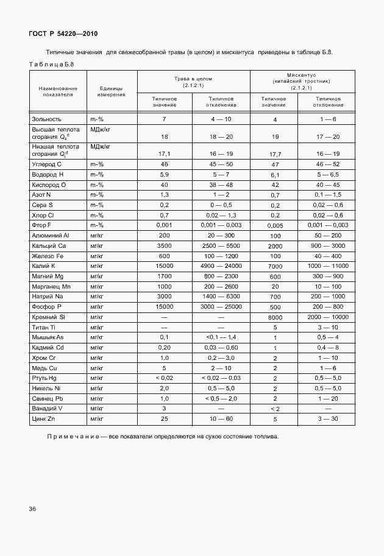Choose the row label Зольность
tap(48, 119)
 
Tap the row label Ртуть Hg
tap(46, 378)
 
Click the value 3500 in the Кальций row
tap(164, 245)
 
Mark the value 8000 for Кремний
tap(275, 317)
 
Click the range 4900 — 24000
tap(221, 266)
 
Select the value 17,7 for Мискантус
tap(275, 155)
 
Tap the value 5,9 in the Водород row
tap(164, 174)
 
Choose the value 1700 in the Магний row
tap(164, 276)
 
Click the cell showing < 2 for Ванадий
tap(275, 408)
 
